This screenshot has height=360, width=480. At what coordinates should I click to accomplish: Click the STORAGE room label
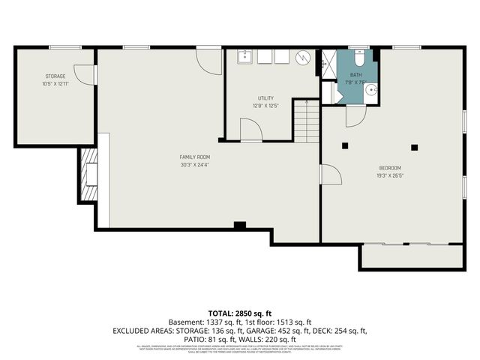pyautogui.click(x=55, y=76)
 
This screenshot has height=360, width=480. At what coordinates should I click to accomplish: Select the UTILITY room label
pyautogui.click(x=265, y=98)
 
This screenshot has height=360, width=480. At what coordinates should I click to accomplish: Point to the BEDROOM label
pyautogui.click(x=389, y=167)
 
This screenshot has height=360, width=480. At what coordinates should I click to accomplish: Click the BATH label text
pyautogui.click(x=355, y=76)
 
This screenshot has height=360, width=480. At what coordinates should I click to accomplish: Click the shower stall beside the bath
pyautogui.click(x=328, y=63)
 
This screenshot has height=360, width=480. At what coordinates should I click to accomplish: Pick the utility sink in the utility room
pyautogui.click(x=244, y=57)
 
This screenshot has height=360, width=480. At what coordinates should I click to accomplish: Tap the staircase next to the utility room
pyautogui.click(x=305, y=123)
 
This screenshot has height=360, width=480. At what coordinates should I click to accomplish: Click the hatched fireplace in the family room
pyautogui.click(x=88, y=175)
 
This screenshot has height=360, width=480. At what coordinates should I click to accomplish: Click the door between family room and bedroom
pyautogui.click(x=330, y=175)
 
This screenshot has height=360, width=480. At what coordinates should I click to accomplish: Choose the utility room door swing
pyautogui.click(x=250, y=130)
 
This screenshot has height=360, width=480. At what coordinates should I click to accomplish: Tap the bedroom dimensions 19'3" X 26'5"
pyautogui.click(x=389, y=175)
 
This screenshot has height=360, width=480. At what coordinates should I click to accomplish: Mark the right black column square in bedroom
pyautogui.click(x=413, y=147)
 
